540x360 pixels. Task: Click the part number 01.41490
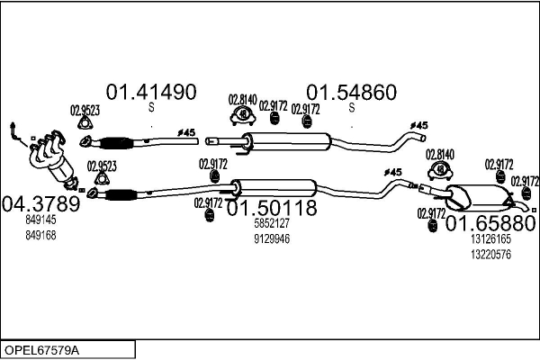151,92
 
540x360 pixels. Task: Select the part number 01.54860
352,93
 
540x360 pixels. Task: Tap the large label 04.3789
41,203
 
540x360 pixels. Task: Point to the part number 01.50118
272,208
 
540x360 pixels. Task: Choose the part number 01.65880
491,223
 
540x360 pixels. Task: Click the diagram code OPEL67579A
41,350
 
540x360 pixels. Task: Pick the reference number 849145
40,220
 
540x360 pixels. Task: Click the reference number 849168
40,235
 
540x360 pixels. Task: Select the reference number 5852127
272,223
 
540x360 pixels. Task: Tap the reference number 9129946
272,238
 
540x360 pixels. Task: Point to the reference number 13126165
490,238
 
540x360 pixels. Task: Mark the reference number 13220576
490,255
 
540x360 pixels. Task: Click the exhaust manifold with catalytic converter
51,159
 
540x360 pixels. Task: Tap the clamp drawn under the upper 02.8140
243,115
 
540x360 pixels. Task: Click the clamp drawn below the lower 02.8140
440,170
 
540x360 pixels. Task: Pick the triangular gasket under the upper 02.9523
85,123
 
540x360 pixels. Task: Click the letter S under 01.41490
151,108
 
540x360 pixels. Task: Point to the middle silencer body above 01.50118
274,188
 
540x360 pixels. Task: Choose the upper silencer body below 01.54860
288,141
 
